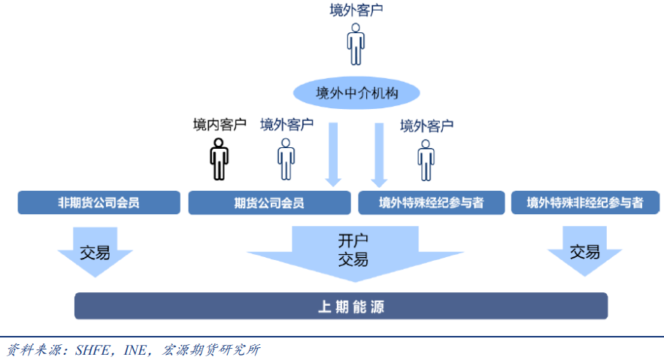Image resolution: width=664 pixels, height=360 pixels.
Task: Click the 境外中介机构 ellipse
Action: pos(356,93)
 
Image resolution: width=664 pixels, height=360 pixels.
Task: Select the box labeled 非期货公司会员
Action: pos(99,203)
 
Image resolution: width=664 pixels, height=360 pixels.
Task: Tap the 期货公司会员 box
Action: pos(269,203)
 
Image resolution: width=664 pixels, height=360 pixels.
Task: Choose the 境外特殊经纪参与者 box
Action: pos(431,203)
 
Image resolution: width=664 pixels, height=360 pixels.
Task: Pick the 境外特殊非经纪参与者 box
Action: pos(585,203)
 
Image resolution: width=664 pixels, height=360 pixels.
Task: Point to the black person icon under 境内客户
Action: pos(219,159)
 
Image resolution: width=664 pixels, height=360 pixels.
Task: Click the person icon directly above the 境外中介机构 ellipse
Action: pos(355,44)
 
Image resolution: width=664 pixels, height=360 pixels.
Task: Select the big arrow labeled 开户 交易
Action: pos(353,252)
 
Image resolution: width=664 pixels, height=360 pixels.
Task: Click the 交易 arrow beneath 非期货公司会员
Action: pos(96,252)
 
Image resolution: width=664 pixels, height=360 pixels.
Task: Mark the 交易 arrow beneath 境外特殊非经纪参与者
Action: pos(584,252)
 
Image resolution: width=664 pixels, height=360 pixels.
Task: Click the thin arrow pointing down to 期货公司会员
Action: pos(333,154)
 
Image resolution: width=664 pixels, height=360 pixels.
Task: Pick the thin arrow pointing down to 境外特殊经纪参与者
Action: pos(379,154)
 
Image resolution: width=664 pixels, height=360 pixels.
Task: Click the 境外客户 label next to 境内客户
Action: pos(287,125)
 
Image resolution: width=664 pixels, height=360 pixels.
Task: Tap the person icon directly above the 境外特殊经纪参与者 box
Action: pos(426,159)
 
